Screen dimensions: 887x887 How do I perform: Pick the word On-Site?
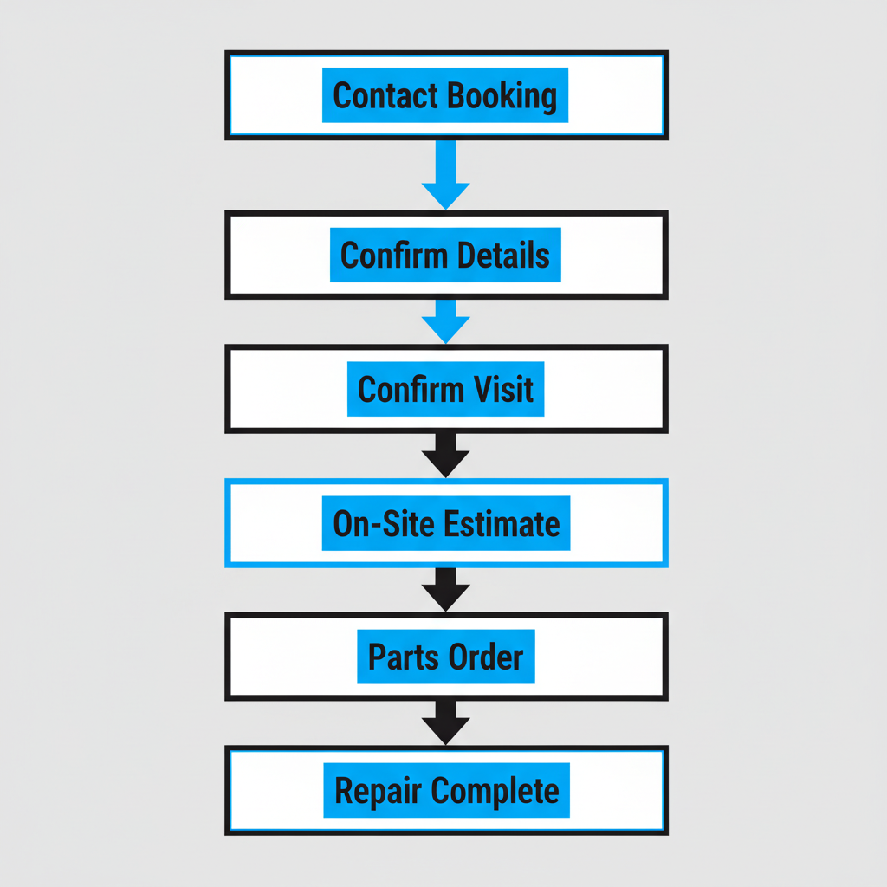384,524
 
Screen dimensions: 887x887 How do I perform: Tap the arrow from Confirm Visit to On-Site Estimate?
445,456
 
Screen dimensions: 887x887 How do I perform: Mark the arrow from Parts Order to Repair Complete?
445,723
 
